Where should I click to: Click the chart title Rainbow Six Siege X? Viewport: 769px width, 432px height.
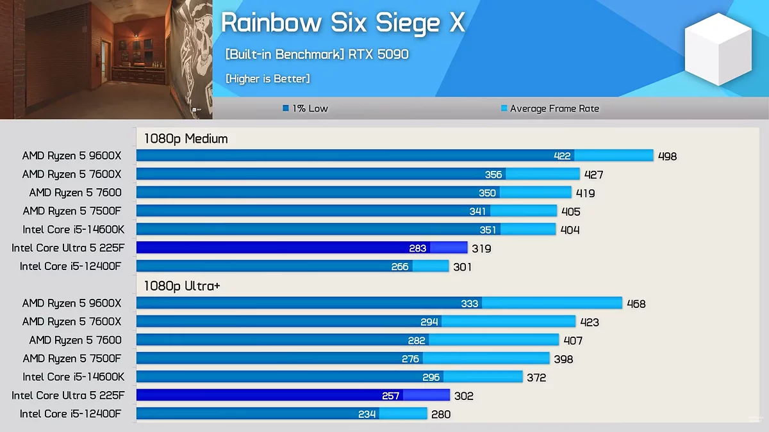[342, 24]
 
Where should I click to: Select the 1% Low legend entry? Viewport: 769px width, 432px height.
[306, 109]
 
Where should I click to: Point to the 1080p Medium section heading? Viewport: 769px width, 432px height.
[186, 138]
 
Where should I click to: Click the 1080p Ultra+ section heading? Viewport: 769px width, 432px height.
[182, 285]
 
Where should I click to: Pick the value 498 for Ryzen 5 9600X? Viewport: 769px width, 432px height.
[667, 156]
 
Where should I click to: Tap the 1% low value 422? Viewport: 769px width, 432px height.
[562, 156]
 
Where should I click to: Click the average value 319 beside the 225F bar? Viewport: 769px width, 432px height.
[481, 248]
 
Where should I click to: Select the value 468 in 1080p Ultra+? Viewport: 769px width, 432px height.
[636, 304]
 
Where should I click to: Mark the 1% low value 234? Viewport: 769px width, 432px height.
[367, 414]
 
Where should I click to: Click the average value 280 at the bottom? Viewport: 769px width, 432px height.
[441, 414]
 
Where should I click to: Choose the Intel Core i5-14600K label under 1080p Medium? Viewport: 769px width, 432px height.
[73, 230]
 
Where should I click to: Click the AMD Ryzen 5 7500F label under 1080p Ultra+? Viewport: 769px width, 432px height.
[72, 358]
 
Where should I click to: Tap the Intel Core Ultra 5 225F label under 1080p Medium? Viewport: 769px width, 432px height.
[68, 248]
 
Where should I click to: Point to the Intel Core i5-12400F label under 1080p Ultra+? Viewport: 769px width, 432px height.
[70, 414]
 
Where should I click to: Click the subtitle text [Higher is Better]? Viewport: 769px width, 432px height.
[268, 79]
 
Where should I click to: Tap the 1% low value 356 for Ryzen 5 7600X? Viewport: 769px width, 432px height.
[493, 175]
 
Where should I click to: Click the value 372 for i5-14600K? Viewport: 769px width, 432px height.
[536, 378]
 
